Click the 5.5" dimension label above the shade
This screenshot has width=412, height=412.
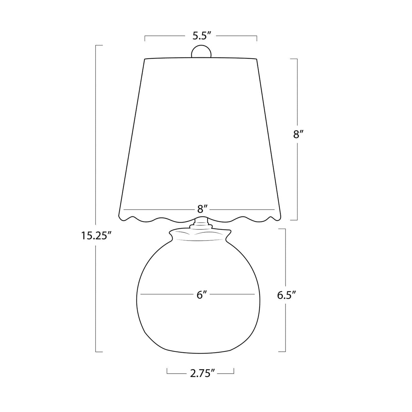(x=202, y=35)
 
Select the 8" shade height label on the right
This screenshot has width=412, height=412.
(x=298, y=134)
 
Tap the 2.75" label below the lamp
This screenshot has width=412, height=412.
(x=203, y=374)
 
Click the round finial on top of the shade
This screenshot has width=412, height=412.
(x=201, y=51)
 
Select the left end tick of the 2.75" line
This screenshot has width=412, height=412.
(x=167, y=372)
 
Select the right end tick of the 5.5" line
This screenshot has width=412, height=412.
(x=257, y=37)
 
